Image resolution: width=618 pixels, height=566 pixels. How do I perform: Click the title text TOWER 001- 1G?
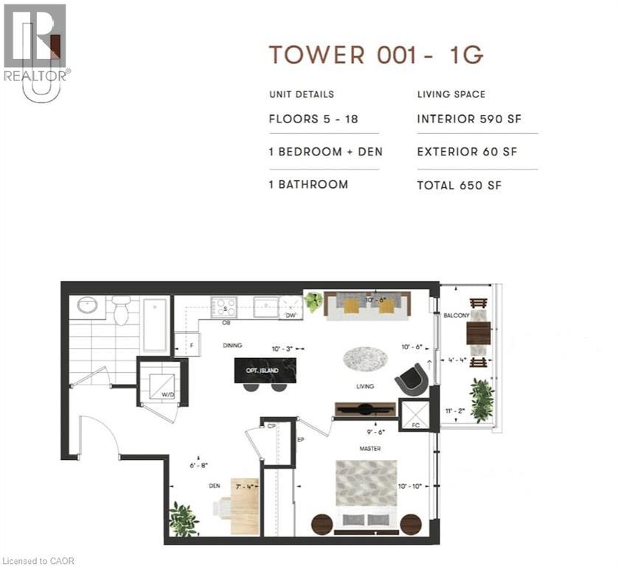pyautogui.click(x=375, y=55)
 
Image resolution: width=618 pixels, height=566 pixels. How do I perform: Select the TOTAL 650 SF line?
pyautogui.click(x=459, y=185)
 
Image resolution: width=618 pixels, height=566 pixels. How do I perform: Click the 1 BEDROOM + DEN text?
pyautogui.click(x=325, y=152)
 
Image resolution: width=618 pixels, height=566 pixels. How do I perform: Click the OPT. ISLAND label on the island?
pyautogui.click(x=265, y=371)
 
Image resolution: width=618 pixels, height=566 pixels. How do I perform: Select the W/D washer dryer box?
pyautogui.click(x=159, y=382)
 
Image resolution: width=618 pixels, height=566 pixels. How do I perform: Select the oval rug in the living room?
pyautogui.click(x=364, y=359)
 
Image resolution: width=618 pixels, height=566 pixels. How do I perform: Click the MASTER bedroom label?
pyautogui.click(x=370, y=449)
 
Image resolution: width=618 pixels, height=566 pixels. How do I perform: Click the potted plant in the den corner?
pyautogui.click(x=182, y=518)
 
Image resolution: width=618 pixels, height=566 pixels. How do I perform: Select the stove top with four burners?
pyautogui.click(x=223, y=306)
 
